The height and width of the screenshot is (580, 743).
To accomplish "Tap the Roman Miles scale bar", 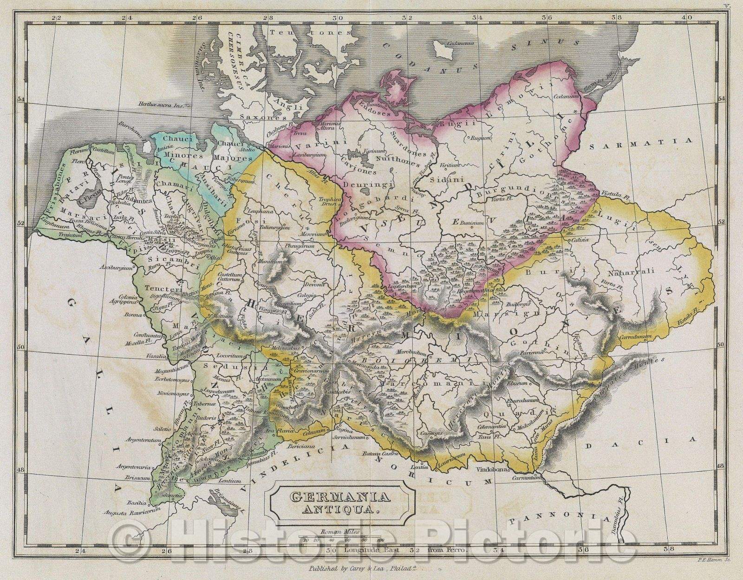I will click(x=344, y=540).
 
